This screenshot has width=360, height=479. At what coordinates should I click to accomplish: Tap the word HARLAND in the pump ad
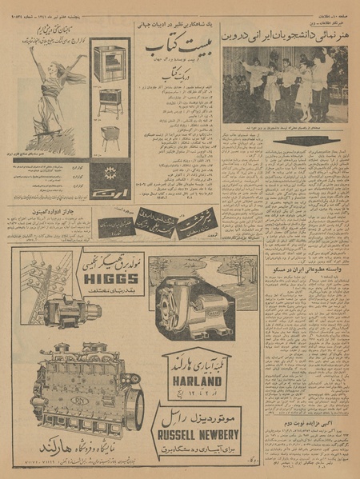pos(196,381)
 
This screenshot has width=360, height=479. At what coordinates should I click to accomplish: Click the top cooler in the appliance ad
pos(110,64)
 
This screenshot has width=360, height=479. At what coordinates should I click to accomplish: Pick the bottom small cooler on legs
pos(110,137)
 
